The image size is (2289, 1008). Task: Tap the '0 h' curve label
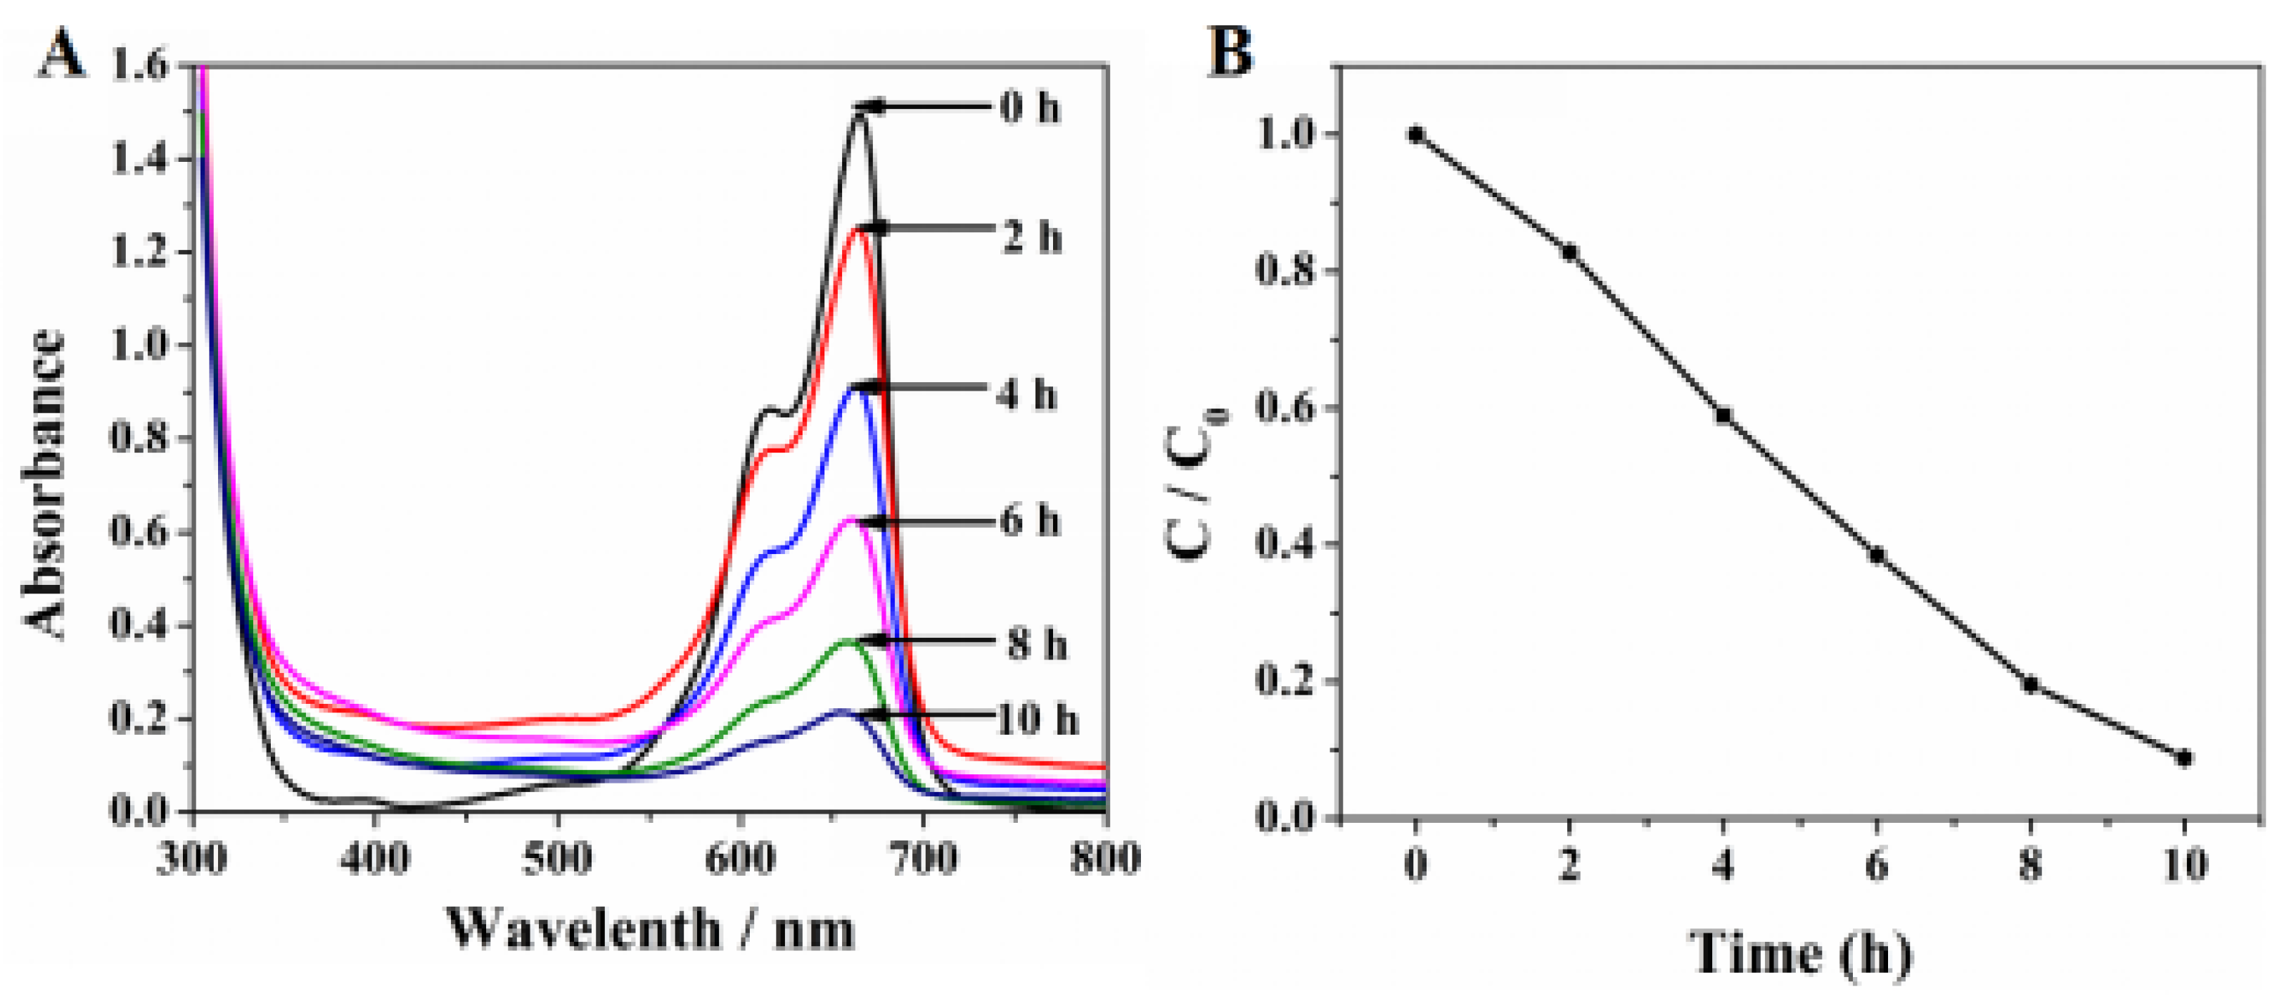[x=1029, y=108]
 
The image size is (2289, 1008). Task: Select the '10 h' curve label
[x=1036, y=718]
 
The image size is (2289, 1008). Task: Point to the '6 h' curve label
[x=1029, y=521]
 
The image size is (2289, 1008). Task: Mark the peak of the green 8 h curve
[x=848, y=641]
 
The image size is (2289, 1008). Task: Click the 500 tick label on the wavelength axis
[x=557, y=859]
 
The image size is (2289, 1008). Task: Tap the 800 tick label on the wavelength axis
[x=1104, y=859]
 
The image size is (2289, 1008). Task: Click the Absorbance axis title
[x=44, y=484]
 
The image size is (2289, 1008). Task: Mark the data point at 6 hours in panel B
[x=1877, y=555]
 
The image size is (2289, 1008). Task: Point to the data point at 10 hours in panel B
[x=2184, y=758]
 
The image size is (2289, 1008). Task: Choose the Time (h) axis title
[x=1799, y=954]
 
